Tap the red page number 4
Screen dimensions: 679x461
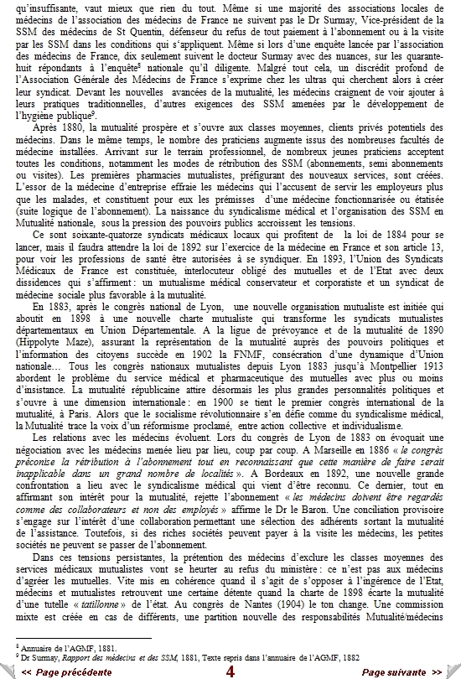tap(230, 671)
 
